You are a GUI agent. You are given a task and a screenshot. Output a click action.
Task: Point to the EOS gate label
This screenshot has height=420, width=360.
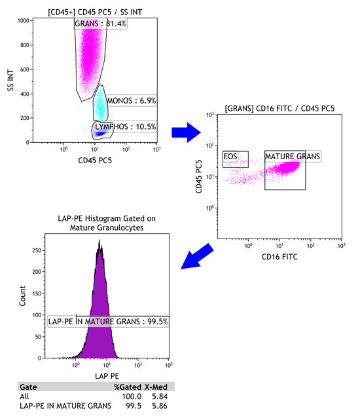click(230, 156)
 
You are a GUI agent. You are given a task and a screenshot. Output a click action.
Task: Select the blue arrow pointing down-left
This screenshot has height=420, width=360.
click(199, 256)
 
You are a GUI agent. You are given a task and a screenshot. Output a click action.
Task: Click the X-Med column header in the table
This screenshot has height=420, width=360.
click(154, 387)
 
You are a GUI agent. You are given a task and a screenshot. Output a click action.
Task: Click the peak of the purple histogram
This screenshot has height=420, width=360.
click(99, 241)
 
